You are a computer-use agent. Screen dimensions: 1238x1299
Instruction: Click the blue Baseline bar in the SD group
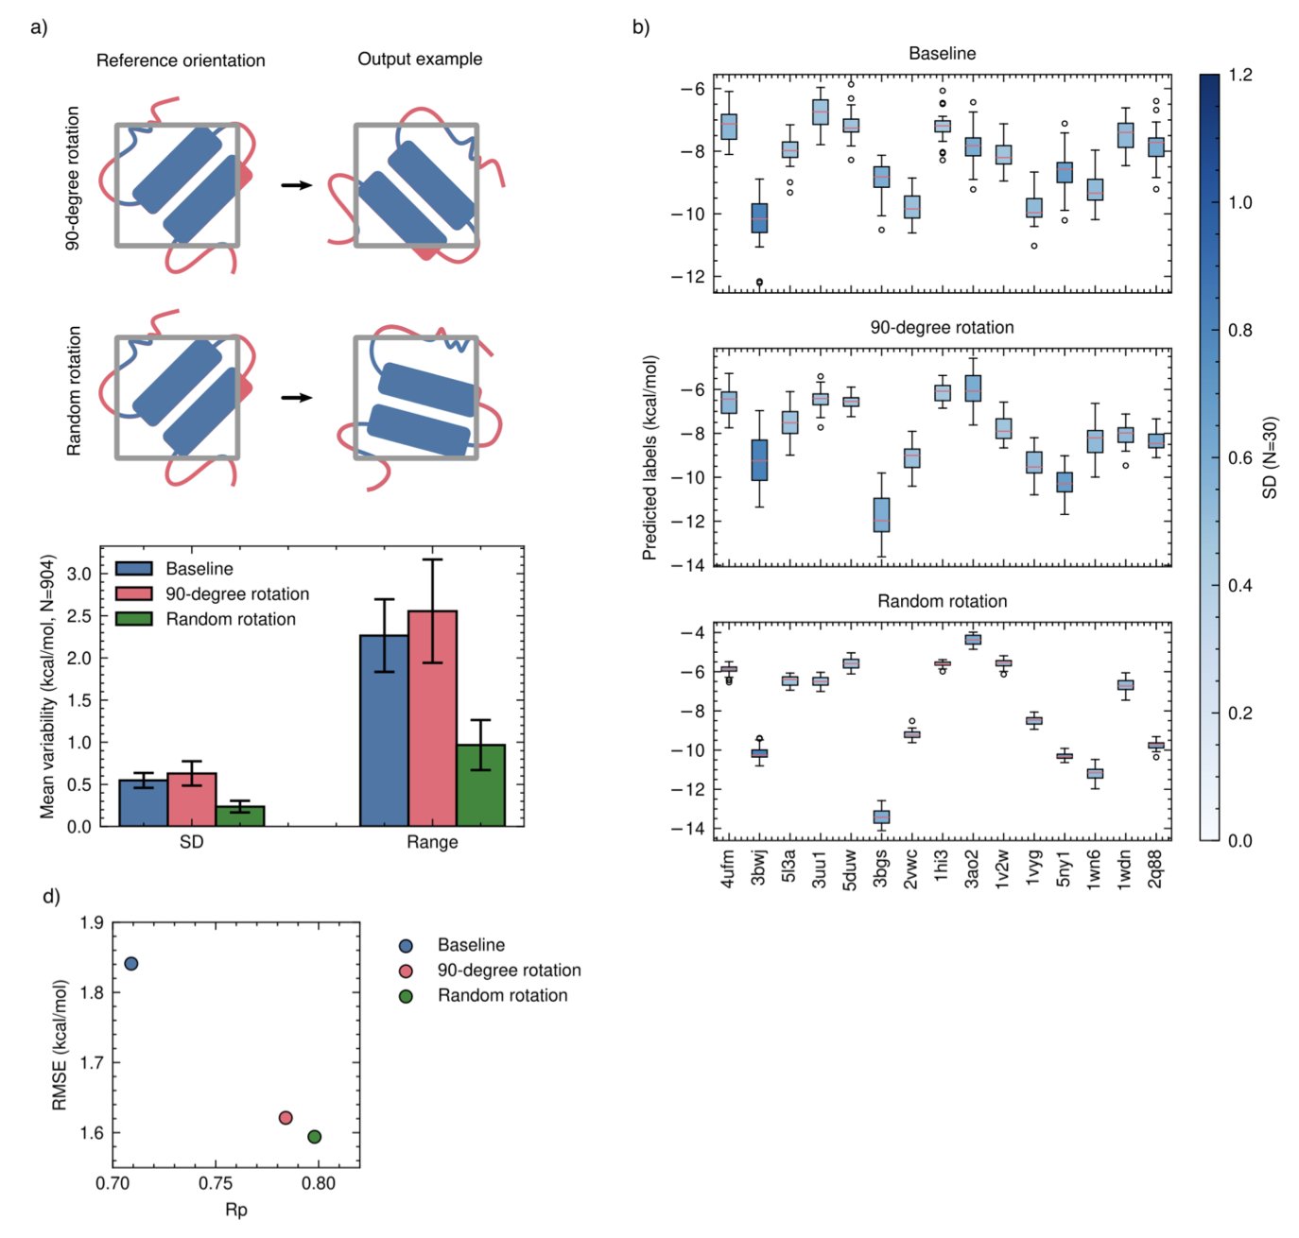click(x=143, y=802)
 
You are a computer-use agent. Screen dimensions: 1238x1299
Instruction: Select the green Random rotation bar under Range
click(x=480, y=785)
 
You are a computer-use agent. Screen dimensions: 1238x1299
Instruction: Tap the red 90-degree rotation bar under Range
click(x=432, y=718)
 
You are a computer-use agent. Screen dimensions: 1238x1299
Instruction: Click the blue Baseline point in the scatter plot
click(x=131, y=963)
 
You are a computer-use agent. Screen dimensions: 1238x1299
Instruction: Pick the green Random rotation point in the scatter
click(x=314, y=1136)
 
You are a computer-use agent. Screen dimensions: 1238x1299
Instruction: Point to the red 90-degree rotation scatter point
click(x=286, y=1118)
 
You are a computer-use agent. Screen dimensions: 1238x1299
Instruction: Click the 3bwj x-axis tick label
click(x=758, y=867)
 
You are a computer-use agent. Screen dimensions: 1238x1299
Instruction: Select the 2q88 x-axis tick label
click(x=1155, y=868)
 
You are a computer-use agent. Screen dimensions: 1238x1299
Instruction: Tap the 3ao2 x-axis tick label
click(x=972, y=868)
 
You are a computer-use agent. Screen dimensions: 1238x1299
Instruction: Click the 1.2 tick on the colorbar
click(x=1240, y=76)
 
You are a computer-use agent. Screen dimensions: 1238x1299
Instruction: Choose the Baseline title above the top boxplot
click(x=942, y=54)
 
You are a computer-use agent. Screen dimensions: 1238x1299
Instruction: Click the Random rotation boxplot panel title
click(x=942, y=601)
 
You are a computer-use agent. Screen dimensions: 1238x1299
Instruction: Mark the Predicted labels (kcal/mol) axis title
click(x=649, y=457)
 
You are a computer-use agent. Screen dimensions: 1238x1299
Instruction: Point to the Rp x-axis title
click(x=236, y=1210)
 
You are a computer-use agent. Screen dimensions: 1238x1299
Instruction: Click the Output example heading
click(x=419, y=60)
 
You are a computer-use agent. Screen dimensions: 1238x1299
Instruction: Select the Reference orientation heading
click(x=181, y=60)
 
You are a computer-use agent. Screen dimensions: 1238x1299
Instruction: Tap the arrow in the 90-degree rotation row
click(x=297, y=184)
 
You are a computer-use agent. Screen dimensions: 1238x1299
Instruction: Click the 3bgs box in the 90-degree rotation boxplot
click(x=881, y=515)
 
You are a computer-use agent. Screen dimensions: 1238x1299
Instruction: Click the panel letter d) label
click(x=51, y=896)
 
